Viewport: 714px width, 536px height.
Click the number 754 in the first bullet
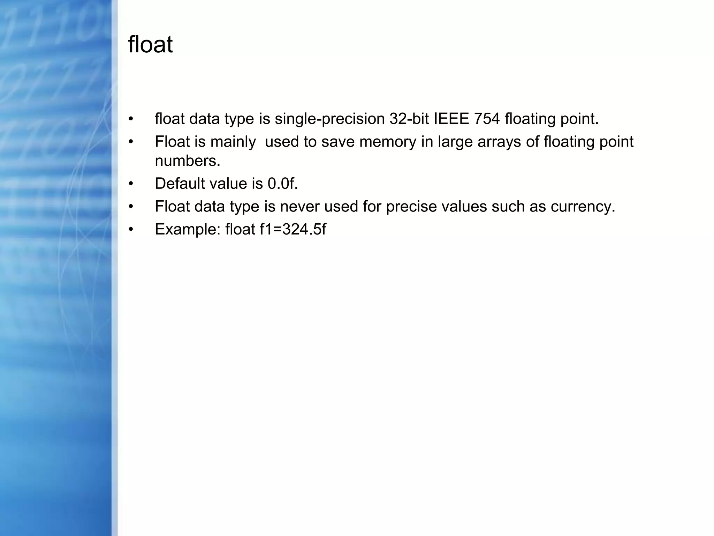[x=487, y=119]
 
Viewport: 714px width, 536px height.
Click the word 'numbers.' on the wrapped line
[x=188, y=161]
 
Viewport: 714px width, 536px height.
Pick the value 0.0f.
[x=283, y=184]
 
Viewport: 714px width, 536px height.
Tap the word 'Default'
[x=180, y=184]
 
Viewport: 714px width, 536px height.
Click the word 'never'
[x=299, y=207]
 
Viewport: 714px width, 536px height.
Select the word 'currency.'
[x=583, y=207]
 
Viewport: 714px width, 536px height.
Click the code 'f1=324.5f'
[x=293, y=230]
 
